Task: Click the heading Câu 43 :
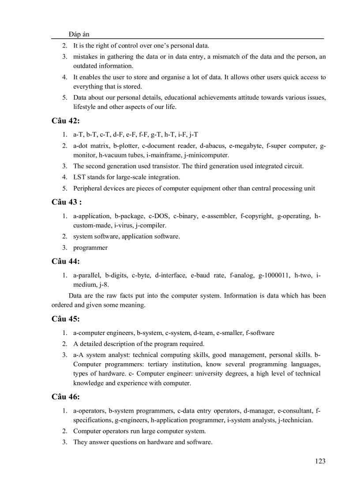pyautogui.click(x=67, y=202)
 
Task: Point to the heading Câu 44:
pyautogui.click(x=65, y=261)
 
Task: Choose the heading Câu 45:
pyautogui.click(x=65, y=319)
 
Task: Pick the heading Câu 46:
pyautogui.click(x=65, y=397)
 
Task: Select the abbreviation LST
pyautogui.click(x=80, y=177)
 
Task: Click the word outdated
pyautogui.click(x=86, y=66)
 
